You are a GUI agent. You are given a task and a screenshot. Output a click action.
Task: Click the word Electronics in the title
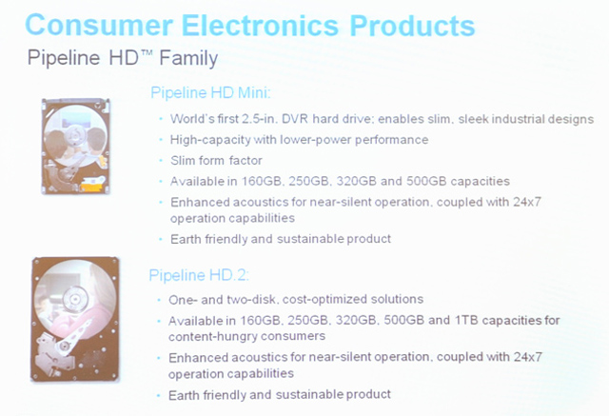coord(260,26)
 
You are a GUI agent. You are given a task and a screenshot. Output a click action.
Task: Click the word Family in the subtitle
coord(188,58)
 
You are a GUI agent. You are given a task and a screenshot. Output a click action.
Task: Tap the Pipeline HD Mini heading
coord(210,93)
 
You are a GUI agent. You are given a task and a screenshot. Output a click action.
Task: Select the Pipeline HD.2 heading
coord(199,275)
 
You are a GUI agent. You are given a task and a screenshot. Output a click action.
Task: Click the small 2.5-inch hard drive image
coord(76,146)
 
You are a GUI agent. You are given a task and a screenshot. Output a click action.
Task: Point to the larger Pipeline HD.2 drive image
coord(75,319)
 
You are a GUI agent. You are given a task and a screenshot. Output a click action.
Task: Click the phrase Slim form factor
coord(216,161)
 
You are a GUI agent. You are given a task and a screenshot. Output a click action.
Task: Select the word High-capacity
coord(210,140)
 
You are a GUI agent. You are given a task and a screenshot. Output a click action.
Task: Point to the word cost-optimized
coord(325,300)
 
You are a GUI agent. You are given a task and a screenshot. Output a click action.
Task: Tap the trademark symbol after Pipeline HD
coord(147,52)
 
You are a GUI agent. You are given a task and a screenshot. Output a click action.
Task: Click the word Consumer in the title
coord(99,26)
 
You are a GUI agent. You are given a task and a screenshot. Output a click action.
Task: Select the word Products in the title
coord(412,26)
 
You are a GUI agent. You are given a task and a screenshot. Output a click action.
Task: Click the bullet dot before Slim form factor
coord(161,161)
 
